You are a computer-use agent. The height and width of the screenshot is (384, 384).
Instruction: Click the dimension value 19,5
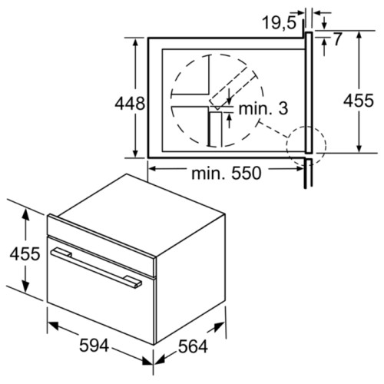click(x=277, y=23)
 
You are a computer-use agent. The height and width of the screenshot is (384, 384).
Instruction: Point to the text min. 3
click(x=263, y=109)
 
